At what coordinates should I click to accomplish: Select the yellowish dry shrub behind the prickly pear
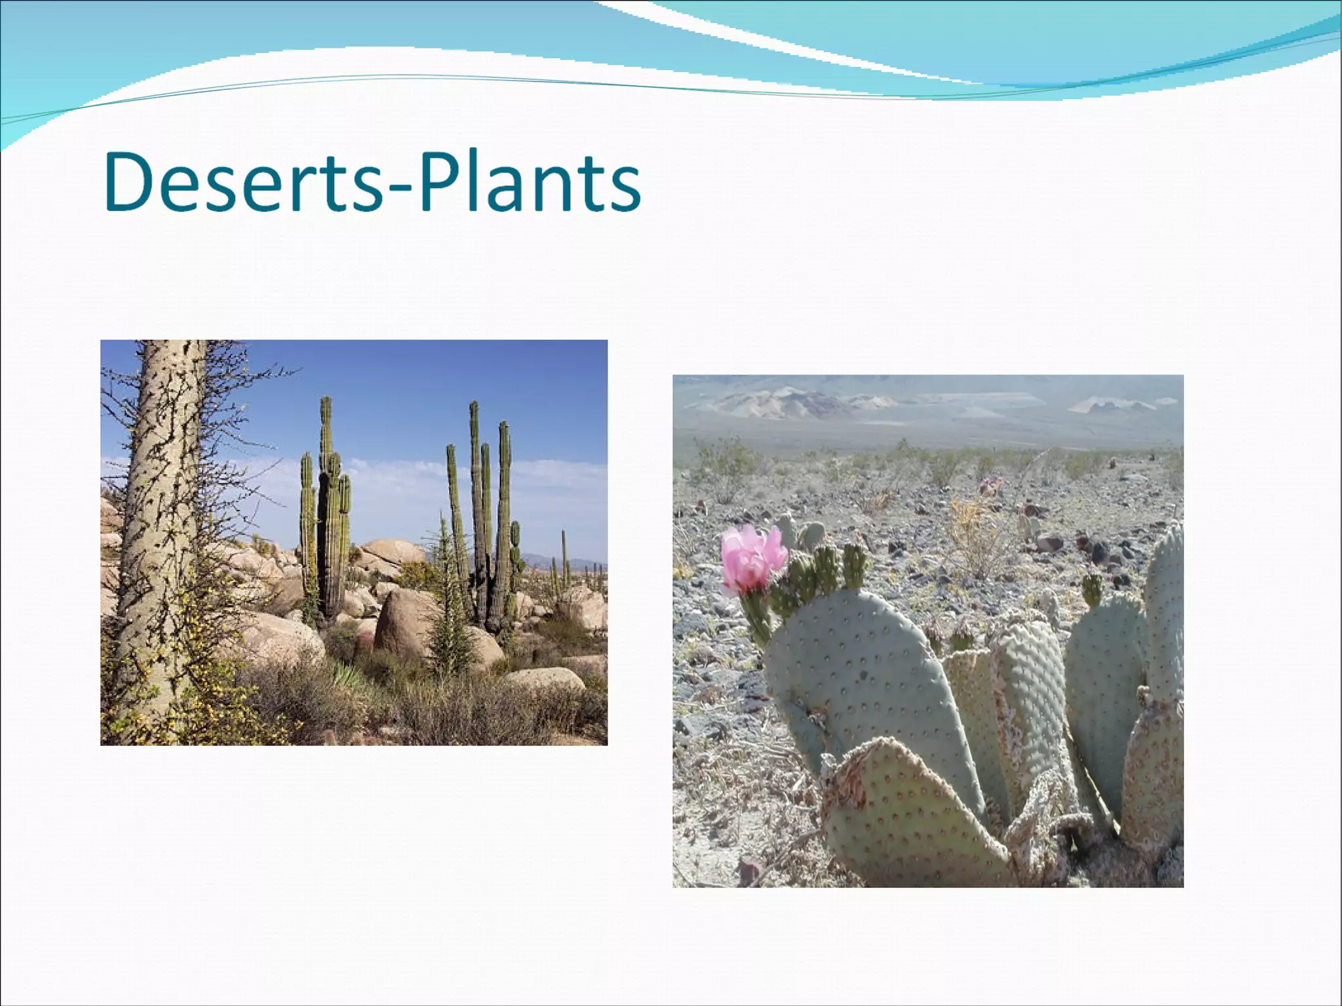coord(976,537)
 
